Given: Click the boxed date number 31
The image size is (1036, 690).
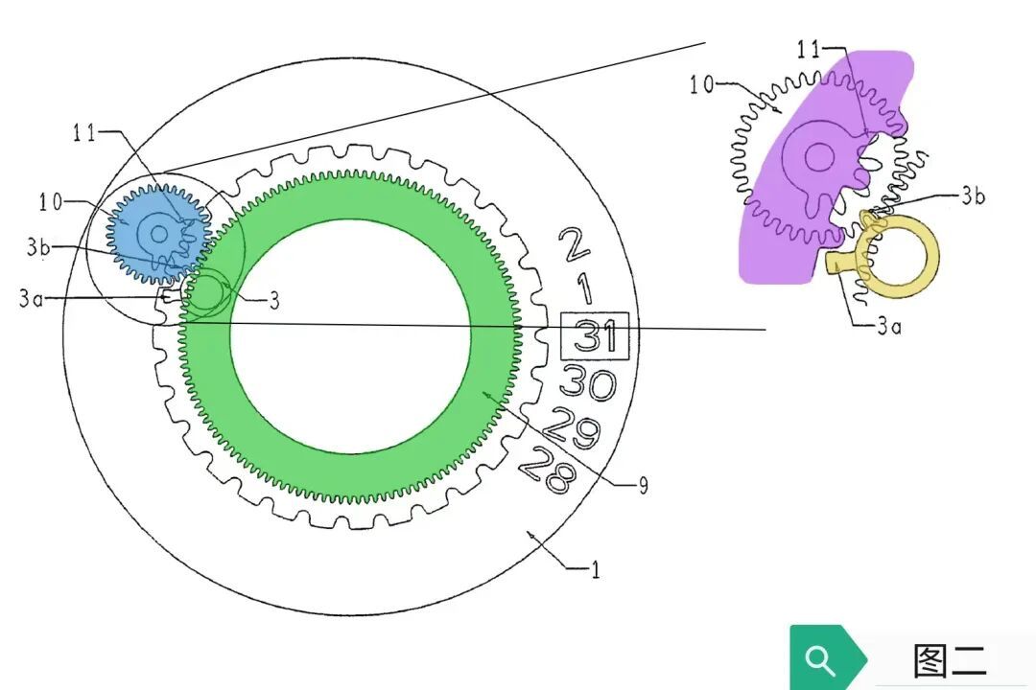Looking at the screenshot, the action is (x=596, y=335).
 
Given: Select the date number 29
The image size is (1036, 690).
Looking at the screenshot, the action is (x=572, y=426).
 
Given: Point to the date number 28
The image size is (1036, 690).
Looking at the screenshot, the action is (x=547, y=470).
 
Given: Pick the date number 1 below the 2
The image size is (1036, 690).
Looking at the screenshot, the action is (x=584, y=289).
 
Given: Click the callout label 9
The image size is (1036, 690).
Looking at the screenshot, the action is (x=642, y=486).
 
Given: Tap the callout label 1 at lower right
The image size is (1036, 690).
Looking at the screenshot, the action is (x=596, y=570).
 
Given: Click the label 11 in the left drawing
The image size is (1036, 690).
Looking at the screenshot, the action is (x=84, y=133).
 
